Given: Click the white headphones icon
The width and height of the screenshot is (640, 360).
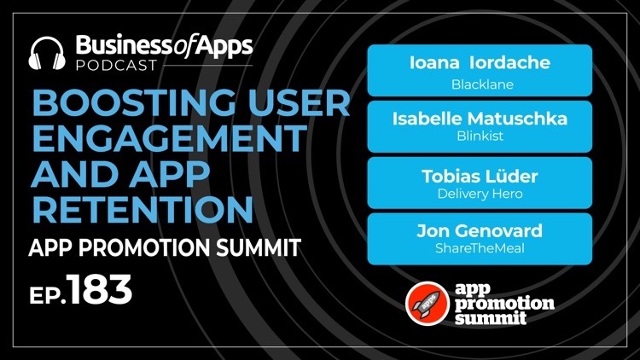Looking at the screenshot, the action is tap(47, 54).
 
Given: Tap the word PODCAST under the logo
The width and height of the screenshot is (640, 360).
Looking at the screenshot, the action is tap(116, 66).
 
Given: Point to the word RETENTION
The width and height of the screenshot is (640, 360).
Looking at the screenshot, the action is tap(143, 209).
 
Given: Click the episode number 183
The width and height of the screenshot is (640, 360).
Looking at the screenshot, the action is tap(99, 289).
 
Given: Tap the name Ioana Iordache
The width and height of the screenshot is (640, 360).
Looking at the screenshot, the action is tap(480, 63).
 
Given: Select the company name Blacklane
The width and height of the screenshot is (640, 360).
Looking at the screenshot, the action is tap(482, 84).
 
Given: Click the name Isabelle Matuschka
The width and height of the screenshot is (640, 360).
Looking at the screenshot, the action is tap(480, 119).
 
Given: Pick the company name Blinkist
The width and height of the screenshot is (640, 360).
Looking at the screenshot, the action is tap(480, 136).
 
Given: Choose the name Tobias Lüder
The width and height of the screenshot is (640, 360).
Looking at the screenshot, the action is tap(480, 177).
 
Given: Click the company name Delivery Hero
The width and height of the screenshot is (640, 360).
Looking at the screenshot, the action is tap(480, 194).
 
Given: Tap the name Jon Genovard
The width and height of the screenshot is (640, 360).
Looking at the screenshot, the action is tap(480, 231).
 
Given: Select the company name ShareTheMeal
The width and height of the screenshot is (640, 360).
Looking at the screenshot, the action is tap(480, 248).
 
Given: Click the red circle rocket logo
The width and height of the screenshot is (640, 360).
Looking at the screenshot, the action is tap(428, 303).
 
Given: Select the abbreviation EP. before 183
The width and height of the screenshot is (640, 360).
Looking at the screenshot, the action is tap(47, 294).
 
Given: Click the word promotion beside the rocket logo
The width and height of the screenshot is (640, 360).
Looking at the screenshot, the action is tap(504, 304).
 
